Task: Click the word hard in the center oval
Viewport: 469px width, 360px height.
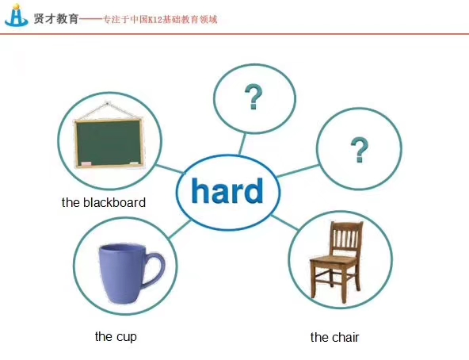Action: (227, 191)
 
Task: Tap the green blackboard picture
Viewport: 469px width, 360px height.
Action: (109, 143)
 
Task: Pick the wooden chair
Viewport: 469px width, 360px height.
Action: (336, 260)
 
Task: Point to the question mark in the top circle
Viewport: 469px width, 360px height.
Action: (254, 97)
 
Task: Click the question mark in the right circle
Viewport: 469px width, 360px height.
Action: (359, 150)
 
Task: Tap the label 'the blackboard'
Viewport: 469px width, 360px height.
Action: (104, 202)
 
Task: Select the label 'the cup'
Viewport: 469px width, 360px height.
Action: (116, 337)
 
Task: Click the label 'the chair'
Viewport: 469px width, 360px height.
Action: (334, 337)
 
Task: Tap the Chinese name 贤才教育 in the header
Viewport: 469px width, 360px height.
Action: (56, 19)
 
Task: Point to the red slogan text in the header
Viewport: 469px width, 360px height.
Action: (160, 20)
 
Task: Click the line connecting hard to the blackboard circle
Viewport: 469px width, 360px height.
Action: (170, 169)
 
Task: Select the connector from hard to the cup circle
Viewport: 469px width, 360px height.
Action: (180, 229)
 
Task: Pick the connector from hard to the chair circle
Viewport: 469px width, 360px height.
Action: (284, 222)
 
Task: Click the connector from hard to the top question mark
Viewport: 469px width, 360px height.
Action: (242, 144)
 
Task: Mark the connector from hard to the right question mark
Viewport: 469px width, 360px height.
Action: (298, 170)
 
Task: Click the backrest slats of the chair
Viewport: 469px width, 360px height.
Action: (346, 239)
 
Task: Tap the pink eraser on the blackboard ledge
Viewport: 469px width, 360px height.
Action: (86, 164)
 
